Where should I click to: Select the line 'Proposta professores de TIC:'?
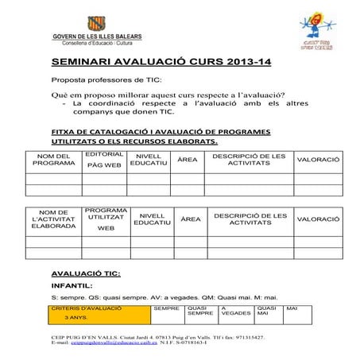106,80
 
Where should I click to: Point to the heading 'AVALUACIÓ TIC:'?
85,273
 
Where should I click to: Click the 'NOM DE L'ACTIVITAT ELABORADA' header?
53,219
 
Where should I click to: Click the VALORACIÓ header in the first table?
318,160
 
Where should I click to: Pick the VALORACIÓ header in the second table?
318,219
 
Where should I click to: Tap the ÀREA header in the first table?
188,160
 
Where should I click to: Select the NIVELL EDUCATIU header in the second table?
152,219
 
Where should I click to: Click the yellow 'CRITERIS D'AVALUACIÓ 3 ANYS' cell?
99,312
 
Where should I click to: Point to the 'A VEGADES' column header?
235,311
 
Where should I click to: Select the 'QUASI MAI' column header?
267,311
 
